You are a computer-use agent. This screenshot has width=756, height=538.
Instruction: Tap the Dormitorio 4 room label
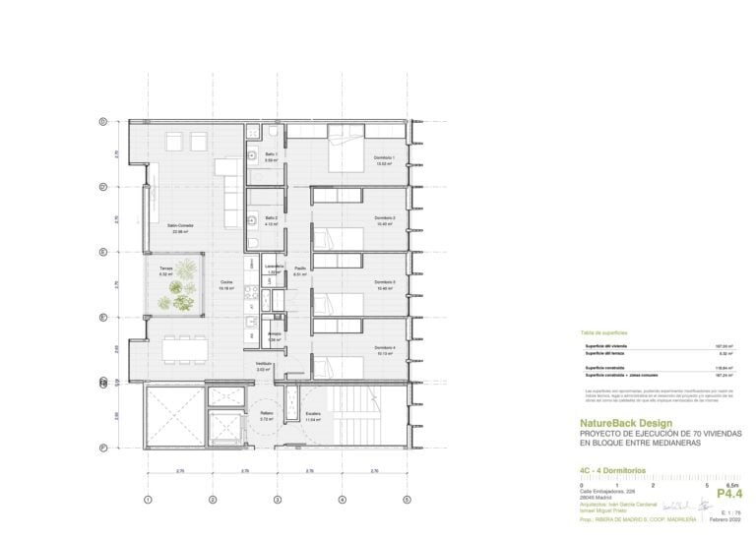pos(384,348)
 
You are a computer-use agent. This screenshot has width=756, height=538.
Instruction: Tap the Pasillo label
pos(300,268)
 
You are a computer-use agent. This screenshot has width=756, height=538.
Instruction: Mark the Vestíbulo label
pos(264,364)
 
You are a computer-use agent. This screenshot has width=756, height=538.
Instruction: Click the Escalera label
pos(313,413)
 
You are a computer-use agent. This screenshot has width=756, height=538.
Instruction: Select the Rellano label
pos(266,414)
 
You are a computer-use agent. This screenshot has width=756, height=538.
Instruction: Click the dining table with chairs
pos(179,348)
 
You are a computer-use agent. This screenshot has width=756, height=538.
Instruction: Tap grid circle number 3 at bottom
pos(277,500)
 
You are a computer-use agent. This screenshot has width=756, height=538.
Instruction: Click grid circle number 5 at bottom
pos(406,500)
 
